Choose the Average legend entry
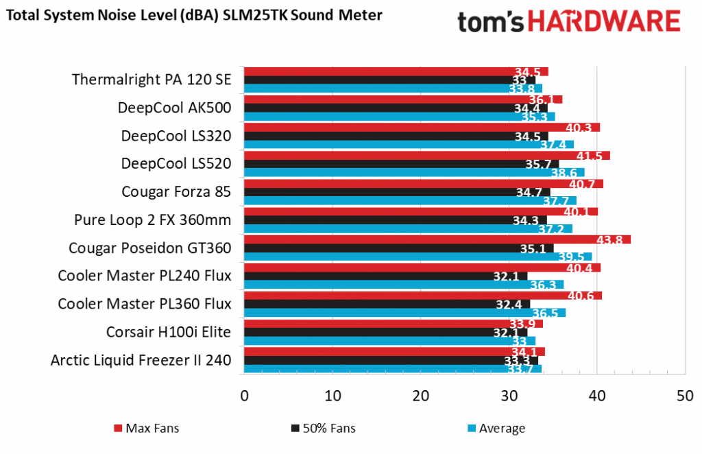pyautogui.click(x=496, y=429)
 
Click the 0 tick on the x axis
pyautogui.click(x=245, y=396)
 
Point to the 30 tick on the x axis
pyautogui.click(x=509, y=396)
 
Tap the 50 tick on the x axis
pyautogui.click(x=685, y=396)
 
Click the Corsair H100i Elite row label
pyautogui.click(x=169, y=332)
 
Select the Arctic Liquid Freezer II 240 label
pyautogui.click(x=141, y=360)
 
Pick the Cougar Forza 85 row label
pyautogui.click(x=176, y=191)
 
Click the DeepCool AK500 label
pyautogui.click(x=174, y=108)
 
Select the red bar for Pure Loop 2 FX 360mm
pyautogui.click(x=421, y=211)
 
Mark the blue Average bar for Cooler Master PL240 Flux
pyautogui.click(x=404, y=284)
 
